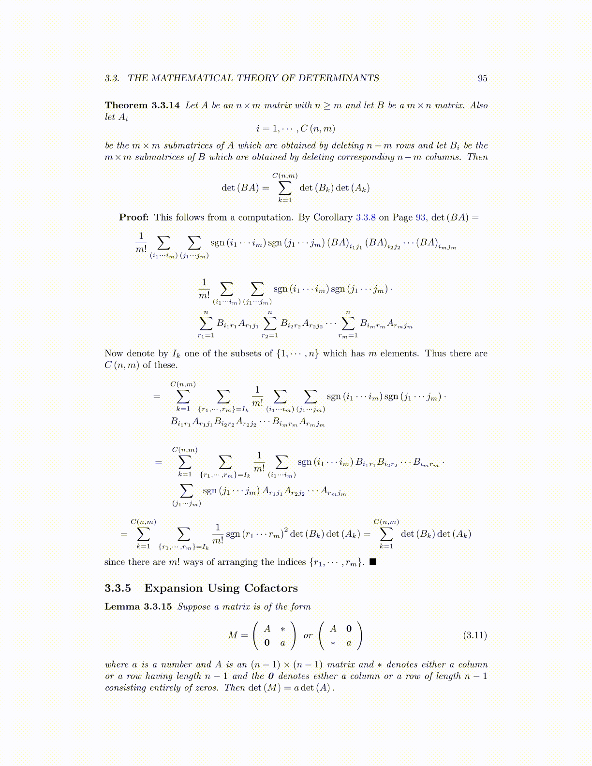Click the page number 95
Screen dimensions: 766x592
(x=482, y=78)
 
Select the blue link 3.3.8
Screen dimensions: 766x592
(x=366, y=217)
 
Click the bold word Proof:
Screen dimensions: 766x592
(x=134, y=217)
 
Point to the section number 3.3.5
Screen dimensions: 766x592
(x=118, y=588)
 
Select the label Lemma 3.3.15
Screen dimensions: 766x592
(x=138, y=606)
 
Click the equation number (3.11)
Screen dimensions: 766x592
(x=475, y=635)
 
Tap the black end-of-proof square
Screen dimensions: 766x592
(x=372, y=562)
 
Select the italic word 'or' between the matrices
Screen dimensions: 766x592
(x=308, y=635)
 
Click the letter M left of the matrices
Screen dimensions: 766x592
(x=233, y=635)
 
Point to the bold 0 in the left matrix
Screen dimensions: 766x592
(x=267, y=643)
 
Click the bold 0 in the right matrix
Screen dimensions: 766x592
(x=349, y=629)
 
